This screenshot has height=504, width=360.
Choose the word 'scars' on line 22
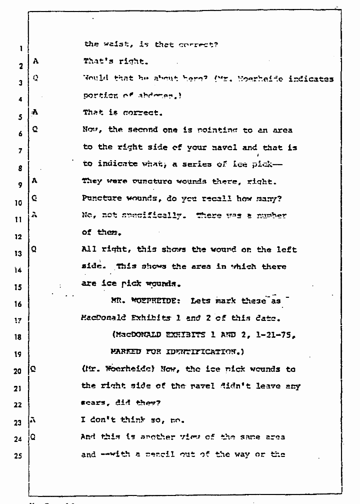tap(92, 403)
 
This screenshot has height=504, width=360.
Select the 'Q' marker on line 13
tap(34, 249)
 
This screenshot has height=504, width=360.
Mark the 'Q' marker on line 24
tap(33, 436)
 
